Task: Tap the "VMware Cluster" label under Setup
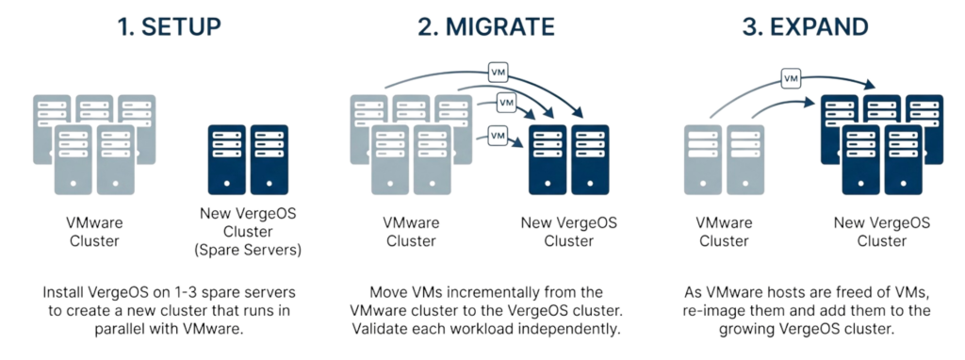click(x=95, y=232)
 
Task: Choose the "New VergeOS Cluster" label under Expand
click(x=882, y=231)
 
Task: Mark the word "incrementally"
click(x=495, y=293)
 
